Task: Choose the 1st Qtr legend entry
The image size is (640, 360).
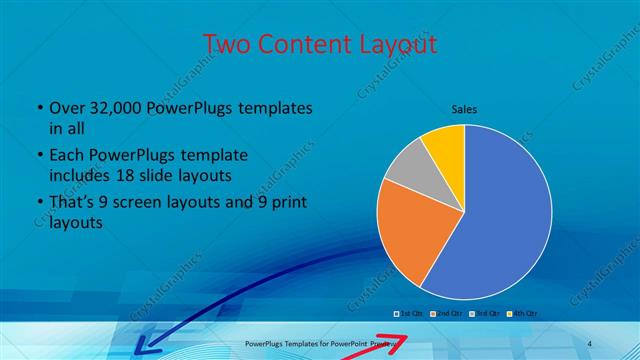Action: click(x=410, y=313)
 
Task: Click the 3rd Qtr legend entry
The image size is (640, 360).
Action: click(x=482, y=313)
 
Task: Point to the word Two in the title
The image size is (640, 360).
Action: click(x=226, y=44)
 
